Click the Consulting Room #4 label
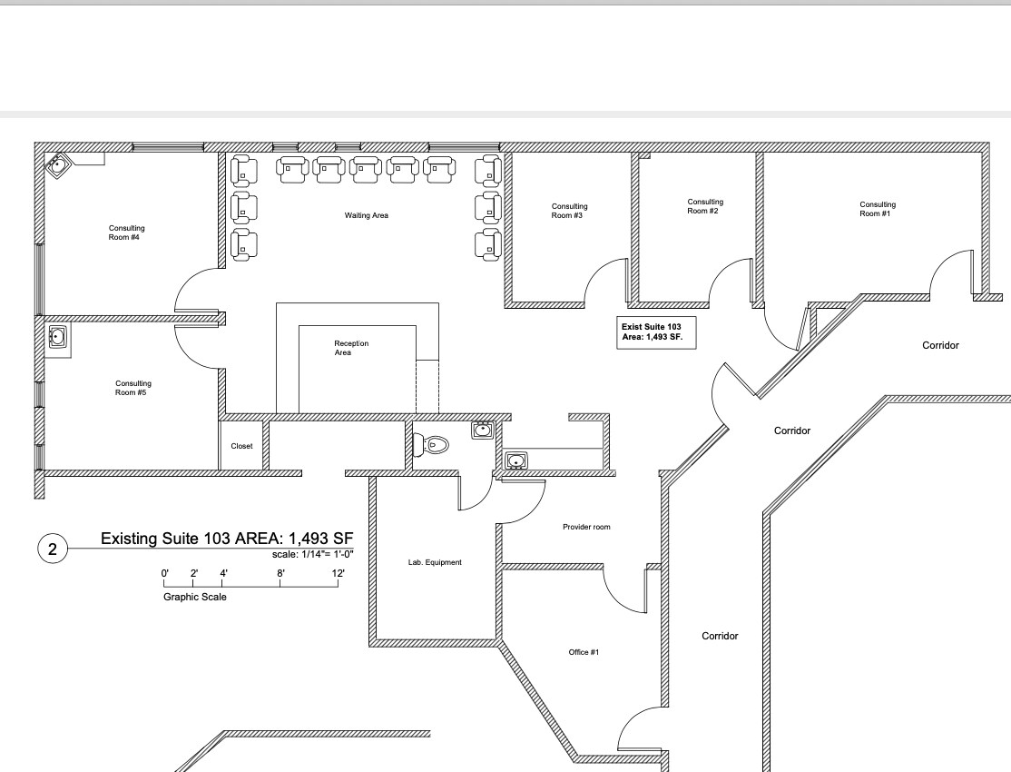(126, 233)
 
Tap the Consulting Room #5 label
(133, 388)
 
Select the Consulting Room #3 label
(569, 211)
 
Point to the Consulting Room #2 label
(704, 206)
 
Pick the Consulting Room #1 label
(877, 209)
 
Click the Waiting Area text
(366, 215)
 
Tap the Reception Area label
(351, 347)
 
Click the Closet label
(241, 446)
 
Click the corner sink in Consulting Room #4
(59, 166)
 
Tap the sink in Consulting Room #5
(57, 337)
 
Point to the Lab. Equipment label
(435, 562)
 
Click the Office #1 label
(584, 652)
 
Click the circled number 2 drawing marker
(52, 549)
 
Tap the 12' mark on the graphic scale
(338, 573)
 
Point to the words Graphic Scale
(195, 597)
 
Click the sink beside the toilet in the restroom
(482, 430)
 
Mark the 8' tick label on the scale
(280, 573)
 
